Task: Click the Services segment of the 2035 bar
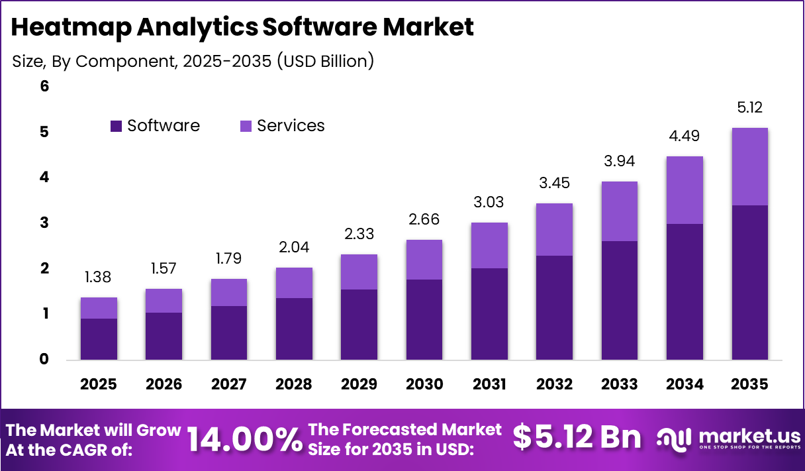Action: [x=749, y=166]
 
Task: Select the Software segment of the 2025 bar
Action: [x=99, y=339]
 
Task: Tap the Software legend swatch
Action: [x=117, y=126]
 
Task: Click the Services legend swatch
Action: [x=246, y=126]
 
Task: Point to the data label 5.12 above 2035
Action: [x=749, y=108]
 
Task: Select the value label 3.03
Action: [x=489, y=203]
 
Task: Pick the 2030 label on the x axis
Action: [x=424, y=385]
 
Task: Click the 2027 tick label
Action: [x=229, y=385]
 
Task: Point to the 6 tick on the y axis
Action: [x=44, y=86]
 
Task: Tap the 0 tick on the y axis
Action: [x=44, y=360]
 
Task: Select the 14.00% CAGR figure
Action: [x=244, y=439]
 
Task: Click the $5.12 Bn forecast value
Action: [x=577, y=438]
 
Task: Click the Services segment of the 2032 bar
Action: [x=554, y=229]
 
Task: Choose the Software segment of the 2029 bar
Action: [x=359, y=325]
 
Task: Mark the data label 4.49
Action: [x=685, y=136]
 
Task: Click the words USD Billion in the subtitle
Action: [x=324, y=62]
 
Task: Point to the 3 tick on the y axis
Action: [x=44, y=223]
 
